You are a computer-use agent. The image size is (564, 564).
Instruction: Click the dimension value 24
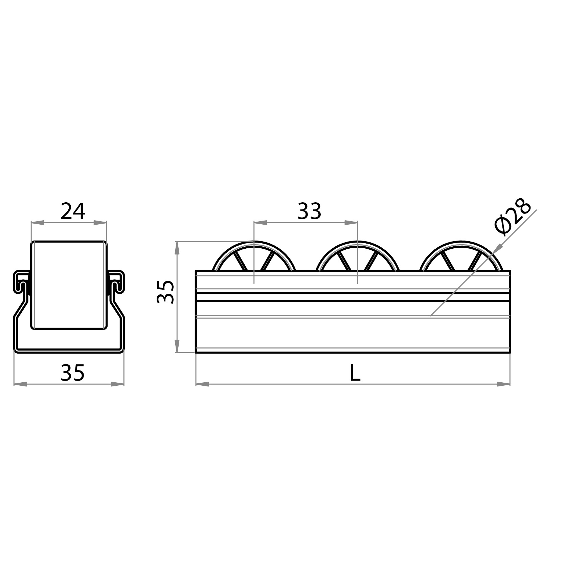(x=73, y=211)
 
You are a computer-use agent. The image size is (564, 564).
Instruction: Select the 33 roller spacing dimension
(x=309, y=211)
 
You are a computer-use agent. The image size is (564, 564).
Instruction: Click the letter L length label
(x=355, y=373)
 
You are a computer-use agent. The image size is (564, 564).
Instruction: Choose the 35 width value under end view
(x=72, y=373)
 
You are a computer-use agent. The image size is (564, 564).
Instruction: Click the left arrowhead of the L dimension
(x=202, y=384)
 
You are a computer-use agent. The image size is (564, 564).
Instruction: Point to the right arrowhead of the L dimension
(x=504, y=384)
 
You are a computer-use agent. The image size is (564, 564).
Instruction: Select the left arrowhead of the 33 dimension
(x=260, y=223)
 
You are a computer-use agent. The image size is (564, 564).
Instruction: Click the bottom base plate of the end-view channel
(x=69, y=350)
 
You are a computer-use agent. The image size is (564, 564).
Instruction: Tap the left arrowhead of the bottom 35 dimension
(x=20, y=384)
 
